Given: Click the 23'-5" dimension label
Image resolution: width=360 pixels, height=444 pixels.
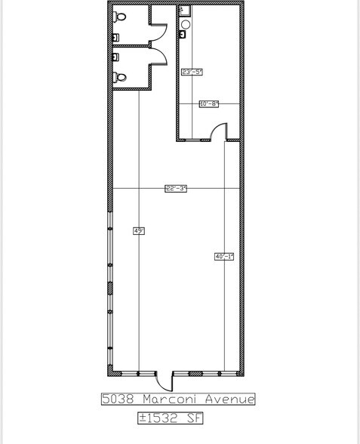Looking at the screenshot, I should pyautogui.click(x=193, y=72).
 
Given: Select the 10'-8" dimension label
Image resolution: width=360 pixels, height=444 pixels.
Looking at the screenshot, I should pyautogui.click(x=208, y=104).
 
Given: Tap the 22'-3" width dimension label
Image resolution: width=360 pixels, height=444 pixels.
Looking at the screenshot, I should pyautogui.click(x=176, y=189).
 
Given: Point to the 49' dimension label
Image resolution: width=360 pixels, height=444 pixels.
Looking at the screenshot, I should pyautogui.click(x=139, y=231).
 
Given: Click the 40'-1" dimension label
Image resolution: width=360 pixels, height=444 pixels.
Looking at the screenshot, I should pyautogui.click(x=224, y=257).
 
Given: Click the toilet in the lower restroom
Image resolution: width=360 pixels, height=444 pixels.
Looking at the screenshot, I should pyautogui.click(x=119, y=76).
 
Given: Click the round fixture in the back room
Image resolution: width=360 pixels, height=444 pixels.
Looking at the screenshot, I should pyautogui.click(x=184, y=25).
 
